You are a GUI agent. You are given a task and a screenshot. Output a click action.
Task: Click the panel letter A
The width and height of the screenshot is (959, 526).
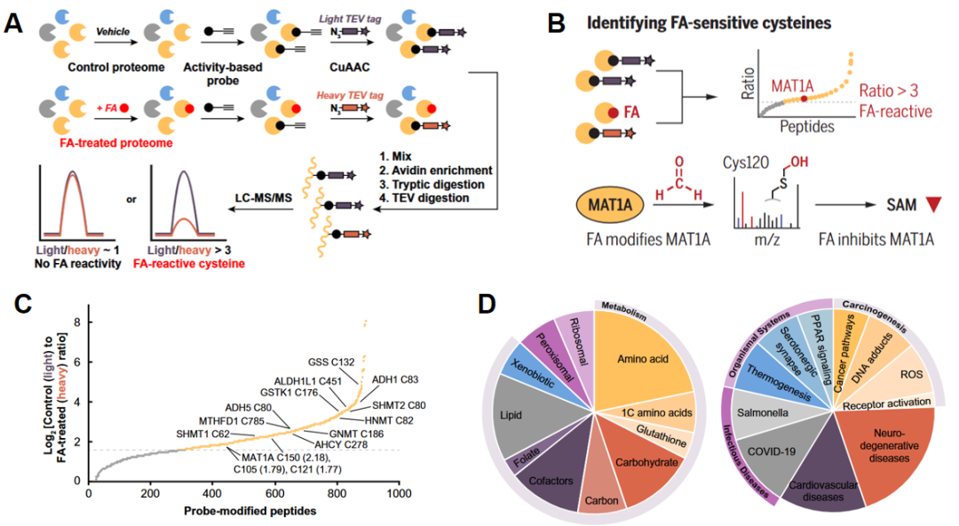click(13, 21)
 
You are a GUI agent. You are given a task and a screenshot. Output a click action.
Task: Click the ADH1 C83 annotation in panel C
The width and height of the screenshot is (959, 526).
click(394, 379)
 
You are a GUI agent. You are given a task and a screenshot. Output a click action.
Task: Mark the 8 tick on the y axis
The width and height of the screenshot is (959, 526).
click(77, 321)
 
